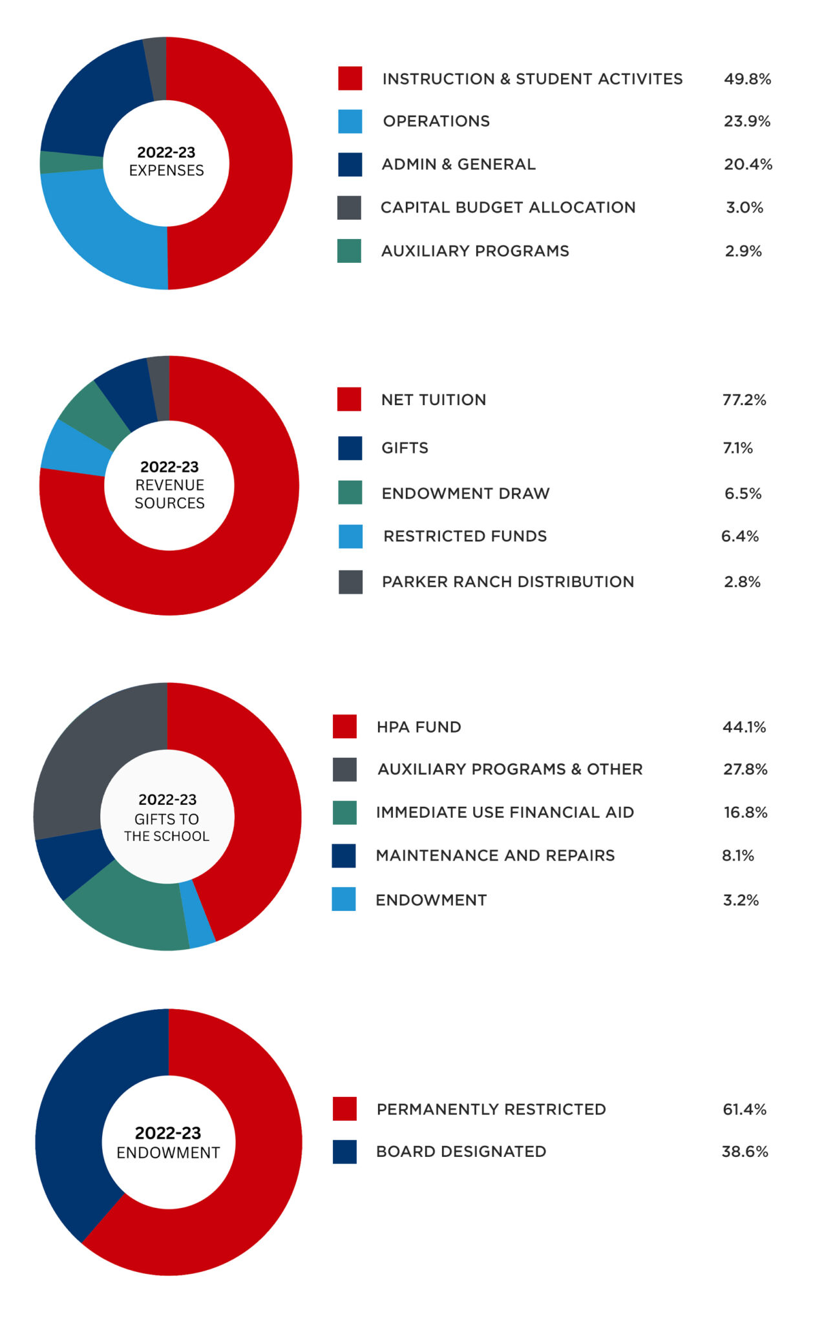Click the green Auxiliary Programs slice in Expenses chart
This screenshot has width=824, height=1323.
pyautogui.click(x=71, y=162)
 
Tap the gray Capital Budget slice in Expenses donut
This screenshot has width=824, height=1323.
pyautogui.click(x=156, y=68)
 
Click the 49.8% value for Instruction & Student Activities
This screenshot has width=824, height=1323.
pyautogui.click(x=747, y=79)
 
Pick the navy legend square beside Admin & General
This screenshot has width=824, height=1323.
pyautogui.click(x=350, y=164)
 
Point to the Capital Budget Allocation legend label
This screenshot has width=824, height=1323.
pyautogui.click(x=508, y=207)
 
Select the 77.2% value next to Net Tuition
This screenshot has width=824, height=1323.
pyautogui.click(x=744, y=400)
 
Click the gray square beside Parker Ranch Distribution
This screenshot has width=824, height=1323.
pyautogui.click(x=350, y=582)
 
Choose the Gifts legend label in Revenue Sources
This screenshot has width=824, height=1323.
pyautogui.click(x=405, y=448)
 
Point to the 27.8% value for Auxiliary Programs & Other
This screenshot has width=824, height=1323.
pyautogui.click(x=745, y=769)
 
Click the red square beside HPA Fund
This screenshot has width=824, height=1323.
pyautogui.click(x=344, y=727)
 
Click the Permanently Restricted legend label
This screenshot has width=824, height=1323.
pyautogui.click(x=491, y=1109)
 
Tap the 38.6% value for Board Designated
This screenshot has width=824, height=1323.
pyautogui.click(x=745, y=1152)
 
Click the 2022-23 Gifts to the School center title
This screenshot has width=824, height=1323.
pyautogui.click(x=167, y=818)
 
